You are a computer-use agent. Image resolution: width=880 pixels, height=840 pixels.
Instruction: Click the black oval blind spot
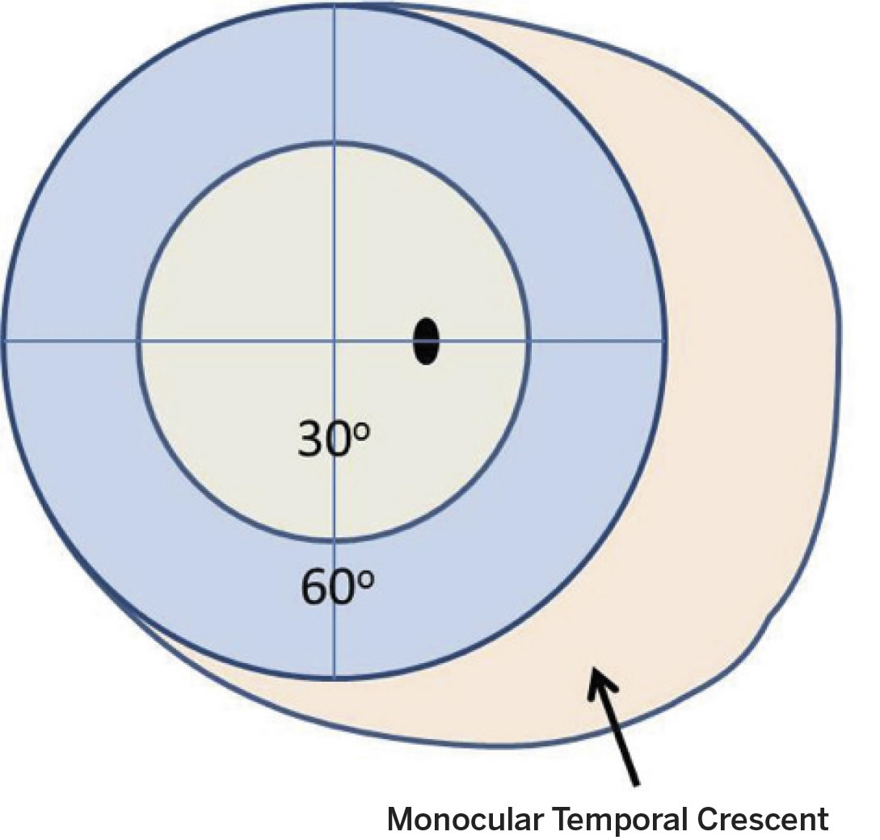click(426, 342)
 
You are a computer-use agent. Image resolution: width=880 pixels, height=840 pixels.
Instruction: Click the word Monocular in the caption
click(463, 818)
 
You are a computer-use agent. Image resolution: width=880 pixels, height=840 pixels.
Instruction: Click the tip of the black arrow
click(594, 670)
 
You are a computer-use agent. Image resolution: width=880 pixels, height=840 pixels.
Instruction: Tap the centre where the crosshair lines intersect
click(335, 341)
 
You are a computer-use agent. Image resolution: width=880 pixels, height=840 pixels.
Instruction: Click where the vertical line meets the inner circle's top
click(335, 144)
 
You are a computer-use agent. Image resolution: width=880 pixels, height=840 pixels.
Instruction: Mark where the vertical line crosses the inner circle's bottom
click(335, 539)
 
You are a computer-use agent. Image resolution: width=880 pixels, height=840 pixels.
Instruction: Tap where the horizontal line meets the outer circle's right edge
click(666, 341)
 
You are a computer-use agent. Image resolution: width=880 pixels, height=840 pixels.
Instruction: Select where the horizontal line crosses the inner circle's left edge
click(137, 341)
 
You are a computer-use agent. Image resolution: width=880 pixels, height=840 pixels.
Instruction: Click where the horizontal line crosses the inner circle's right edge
click(531, 341)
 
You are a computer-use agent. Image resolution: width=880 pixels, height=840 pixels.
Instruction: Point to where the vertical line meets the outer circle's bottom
click(335, 678)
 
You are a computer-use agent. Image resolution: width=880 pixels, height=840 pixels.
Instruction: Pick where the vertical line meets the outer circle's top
click(335, 5)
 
